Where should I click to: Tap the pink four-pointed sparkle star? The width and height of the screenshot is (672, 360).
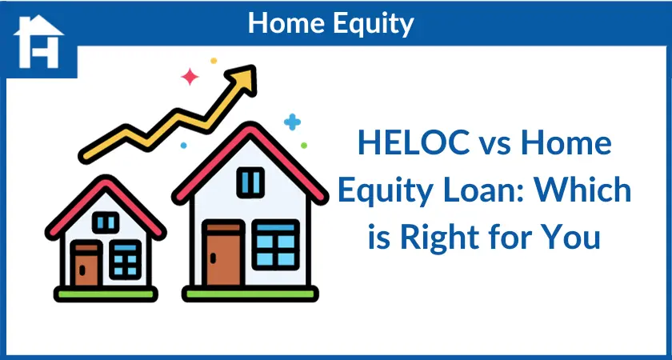click(190, 77)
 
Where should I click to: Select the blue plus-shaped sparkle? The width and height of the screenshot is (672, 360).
click(292, 122)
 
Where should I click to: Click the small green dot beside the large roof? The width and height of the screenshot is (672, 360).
click(304, 146)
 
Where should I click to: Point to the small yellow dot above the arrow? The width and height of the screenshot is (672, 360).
click(214, 61)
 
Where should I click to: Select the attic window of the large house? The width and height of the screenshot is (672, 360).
click(250, 182)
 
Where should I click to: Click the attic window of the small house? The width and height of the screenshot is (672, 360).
click(106, 222)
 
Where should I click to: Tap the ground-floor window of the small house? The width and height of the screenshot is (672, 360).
click(125, 260)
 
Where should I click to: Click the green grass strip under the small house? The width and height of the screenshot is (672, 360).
click(106, 294)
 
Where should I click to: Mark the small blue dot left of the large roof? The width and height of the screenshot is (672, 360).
click(183, 146)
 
